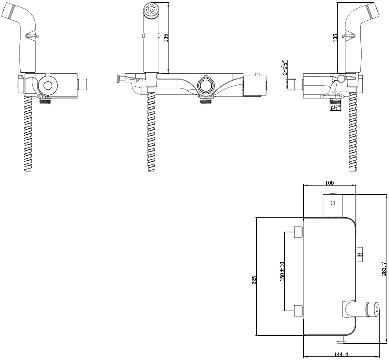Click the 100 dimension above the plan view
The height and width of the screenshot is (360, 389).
tap(330, 183)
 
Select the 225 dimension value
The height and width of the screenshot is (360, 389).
tap(254, 280)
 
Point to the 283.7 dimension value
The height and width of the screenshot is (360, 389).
tap(384, 269)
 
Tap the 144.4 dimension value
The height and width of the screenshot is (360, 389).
tap(341, 354)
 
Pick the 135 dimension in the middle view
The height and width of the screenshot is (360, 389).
tap(166, 38)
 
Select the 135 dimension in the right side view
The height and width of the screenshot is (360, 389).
tap(335, 38)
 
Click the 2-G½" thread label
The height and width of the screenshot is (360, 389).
tap(285, 67)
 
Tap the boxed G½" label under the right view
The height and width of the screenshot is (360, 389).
tap(335, 108)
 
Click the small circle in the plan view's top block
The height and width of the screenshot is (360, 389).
tap(333, 203)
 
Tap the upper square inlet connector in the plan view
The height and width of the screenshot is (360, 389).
tap(298, 232)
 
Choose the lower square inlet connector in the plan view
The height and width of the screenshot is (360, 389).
tap(298, 311)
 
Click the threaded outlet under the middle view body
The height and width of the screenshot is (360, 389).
tap(205, 100)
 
